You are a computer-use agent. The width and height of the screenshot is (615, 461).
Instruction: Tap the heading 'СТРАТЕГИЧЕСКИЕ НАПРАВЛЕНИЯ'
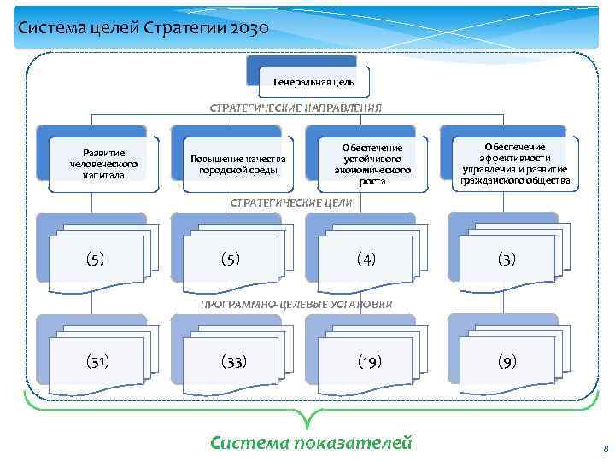[296, 108]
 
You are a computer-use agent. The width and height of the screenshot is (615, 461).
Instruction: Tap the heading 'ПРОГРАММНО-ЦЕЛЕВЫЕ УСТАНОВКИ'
[296, 304]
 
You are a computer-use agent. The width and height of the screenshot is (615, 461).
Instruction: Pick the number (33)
[233, 362]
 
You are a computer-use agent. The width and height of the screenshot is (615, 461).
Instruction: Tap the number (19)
[369, 362]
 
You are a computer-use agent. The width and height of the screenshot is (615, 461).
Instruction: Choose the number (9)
[507, 362]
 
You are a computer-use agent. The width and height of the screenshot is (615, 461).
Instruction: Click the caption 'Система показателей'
[311, 442]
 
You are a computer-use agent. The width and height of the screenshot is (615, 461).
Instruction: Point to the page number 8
[604, 447]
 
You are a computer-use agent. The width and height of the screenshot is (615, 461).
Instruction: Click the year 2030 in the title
[249, 29]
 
